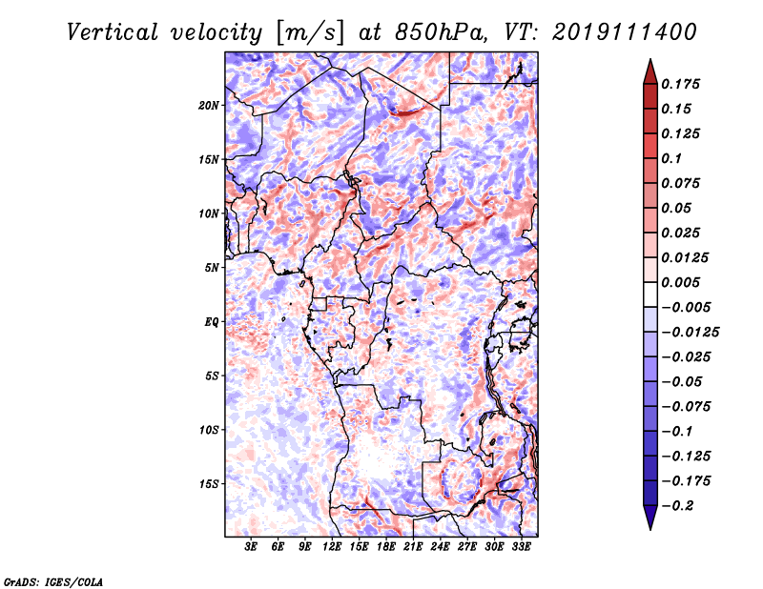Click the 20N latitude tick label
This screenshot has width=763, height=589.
point(210,105)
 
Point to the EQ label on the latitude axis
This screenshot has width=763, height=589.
point(212,322)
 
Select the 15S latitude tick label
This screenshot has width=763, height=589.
point(210,484)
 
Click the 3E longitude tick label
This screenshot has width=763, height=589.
point(252,548)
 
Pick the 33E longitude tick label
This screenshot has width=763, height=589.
point(521,548)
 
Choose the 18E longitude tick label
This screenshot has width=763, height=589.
point(386,548)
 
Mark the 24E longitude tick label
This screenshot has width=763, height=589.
point(440,548)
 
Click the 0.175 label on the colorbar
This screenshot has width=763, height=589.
point(682,85)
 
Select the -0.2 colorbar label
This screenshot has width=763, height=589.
point(680,505)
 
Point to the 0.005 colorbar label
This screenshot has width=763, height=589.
point(682,283)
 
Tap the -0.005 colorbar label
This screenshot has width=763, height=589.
point(685,307)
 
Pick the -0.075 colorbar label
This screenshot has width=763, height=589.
point(685,406)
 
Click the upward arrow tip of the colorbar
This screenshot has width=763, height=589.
point(650,62)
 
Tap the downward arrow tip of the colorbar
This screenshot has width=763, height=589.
point(650,527)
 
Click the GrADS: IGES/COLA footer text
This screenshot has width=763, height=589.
point(53,579)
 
